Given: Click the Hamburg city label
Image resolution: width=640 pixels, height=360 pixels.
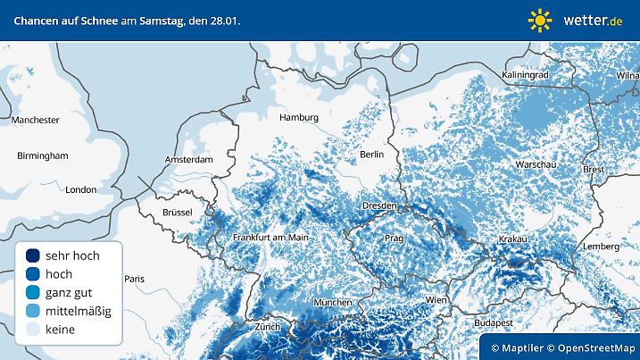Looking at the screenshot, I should click(298, 117).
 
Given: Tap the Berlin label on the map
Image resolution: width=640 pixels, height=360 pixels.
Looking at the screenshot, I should click(371, 155).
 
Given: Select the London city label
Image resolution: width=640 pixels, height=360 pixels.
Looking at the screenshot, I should click(80, 189).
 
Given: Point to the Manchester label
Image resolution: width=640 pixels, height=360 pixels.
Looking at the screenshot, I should click(35, 120).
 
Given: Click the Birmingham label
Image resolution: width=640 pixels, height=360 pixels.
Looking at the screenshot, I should click(42, 155).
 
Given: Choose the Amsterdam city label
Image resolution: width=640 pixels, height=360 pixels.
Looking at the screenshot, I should click(188, 160).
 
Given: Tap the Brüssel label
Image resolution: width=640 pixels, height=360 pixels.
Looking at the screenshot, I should click(184, 213).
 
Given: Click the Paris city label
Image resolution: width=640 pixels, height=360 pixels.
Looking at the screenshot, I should click(134, 279).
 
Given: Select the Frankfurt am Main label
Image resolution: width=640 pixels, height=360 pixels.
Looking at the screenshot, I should click(270, 238).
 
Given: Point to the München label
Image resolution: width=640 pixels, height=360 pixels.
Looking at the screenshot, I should click(332, 303).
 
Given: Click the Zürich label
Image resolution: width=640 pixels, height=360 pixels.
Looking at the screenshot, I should click(267, 327).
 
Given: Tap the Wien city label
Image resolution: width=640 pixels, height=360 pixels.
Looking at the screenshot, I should click(436, 299).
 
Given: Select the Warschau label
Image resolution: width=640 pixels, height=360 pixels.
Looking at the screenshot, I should click(536, 165).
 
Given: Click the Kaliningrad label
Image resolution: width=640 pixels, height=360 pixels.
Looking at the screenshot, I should click(524, 75).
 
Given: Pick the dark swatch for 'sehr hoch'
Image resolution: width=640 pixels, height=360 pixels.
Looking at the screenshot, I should click(33, 255).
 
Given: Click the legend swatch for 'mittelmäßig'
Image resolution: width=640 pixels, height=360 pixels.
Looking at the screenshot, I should click(33, 311).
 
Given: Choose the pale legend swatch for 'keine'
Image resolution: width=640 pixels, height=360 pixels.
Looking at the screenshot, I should click(33, 330).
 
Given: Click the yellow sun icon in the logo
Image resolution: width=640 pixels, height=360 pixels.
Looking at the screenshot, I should click(540, 20).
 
